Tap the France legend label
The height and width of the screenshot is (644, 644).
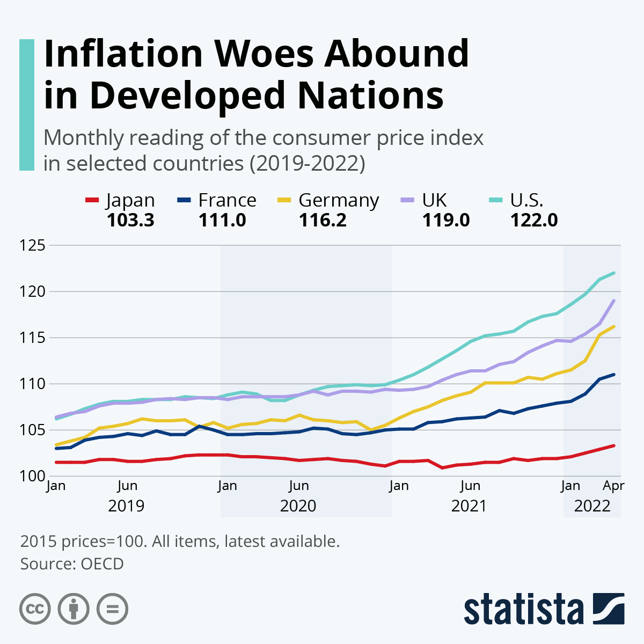[227, 200]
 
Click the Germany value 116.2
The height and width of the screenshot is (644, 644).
[323, 220]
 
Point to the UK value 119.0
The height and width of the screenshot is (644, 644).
[446, 220]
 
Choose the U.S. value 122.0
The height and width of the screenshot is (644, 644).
[534, 220]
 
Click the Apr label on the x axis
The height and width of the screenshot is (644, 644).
[613, 486]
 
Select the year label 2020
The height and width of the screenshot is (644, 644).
[298, 506]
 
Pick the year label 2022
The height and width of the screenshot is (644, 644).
[592, 506]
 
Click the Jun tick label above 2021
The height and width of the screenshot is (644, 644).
[470, 486]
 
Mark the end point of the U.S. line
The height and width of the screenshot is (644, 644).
[613, 273]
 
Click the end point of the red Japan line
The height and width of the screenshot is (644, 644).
[613, 445]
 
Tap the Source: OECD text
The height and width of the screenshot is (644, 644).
[72, 564]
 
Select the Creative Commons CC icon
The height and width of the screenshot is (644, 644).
[35, 609]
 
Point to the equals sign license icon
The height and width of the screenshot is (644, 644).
[112, 609]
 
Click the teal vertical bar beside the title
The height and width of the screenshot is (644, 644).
[27, 105]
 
